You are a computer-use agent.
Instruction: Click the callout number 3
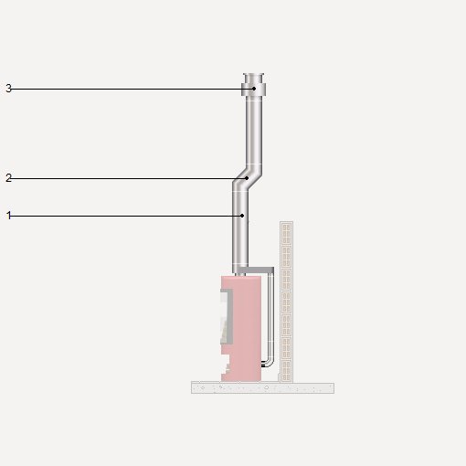coord(8,89)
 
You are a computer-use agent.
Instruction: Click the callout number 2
coord(8,178)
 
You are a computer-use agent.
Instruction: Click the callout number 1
coord(9,216)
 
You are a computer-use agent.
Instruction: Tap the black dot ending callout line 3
coord(254,89)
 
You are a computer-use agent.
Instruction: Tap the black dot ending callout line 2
coord(248,178)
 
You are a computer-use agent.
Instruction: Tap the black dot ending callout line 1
coord(242,216)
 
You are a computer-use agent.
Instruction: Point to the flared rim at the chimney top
coord(253,74)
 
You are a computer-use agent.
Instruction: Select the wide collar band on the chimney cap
coord(254,90)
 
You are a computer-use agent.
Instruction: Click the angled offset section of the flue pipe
coord(247,178)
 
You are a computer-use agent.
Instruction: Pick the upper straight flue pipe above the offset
coord(254,131)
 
